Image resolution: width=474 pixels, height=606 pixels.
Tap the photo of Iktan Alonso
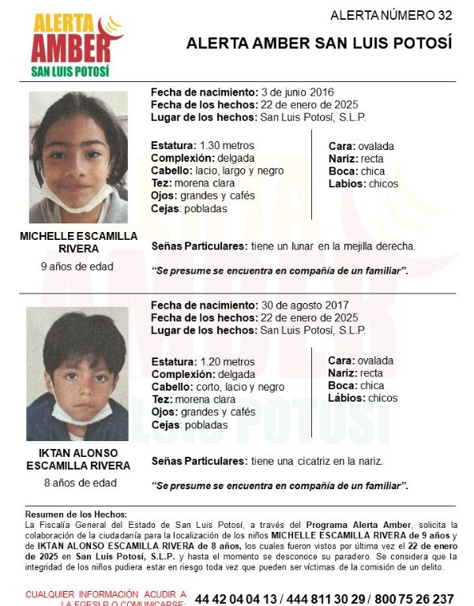[77, 373]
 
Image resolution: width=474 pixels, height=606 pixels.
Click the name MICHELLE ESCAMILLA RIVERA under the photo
[77, 242]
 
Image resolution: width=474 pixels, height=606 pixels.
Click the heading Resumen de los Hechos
[76, 514]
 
